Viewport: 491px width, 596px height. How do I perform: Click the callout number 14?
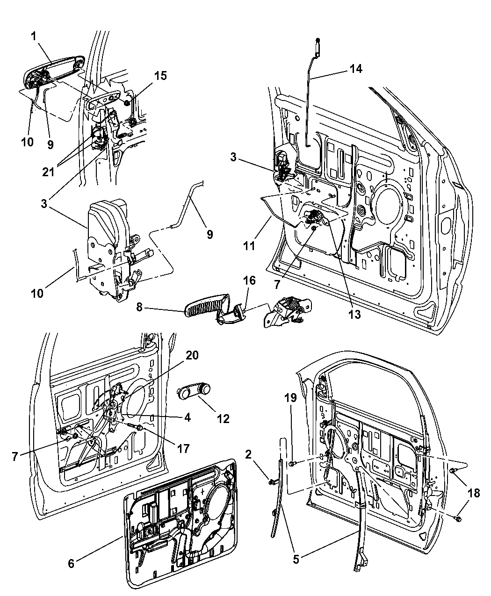355,69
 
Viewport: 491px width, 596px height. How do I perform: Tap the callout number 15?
160,76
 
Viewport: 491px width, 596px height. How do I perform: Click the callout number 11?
250,245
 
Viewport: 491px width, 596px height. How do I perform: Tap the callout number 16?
250,280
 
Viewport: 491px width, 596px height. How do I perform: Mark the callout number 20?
192,355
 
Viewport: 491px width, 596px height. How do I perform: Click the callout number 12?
223,418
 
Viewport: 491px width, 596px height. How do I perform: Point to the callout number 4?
187,417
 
